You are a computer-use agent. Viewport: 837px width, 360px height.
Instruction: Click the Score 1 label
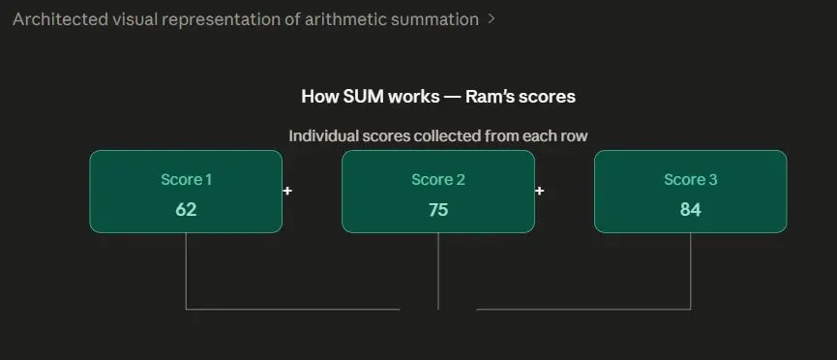pos(187,180)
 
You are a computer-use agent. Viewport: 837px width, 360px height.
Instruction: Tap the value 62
pos(186,210)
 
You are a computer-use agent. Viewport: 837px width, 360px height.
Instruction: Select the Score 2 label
pos(438,180)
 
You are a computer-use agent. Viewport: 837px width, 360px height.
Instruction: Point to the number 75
pos(438,210)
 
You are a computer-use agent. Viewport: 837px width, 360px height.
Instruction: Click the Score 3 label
pos(690,180)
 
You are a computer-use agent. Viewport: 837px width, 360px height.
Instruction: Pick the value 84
pos(690,210)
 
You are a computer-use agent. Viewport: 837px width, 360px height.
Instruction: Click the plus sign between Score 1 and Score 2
pos(287,191)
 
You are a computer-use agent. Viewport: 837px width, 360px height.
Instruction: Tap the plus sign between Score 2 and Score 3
pos(540,191)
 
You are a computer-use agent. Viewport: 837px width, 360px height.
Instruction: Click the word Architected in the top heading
pos(60,19)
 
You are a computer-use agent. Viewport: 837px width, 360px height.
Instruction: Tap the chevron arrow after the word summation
pos(492,19)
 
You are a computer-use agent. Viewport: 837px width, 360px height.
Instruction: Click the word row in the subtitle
pos(577,136)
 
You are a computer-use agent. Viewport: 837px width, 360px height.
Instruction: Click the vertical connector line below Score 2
pos(438,271)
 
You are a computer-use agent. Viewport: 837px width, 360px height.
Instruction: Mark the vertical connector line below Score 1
pos(186,271)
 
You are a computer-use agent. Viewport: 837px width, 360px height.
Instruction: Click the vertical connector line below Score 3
pos(690,271)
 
